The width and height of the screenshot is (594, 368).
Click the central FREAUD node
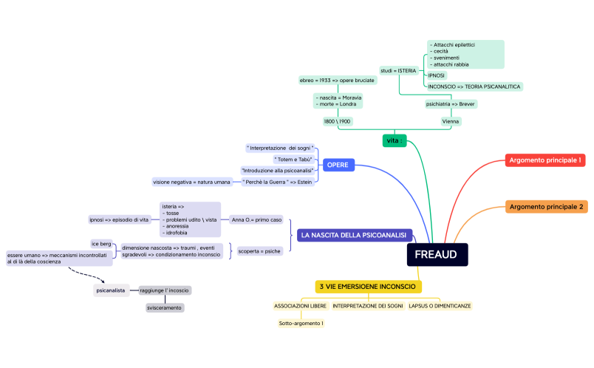[x=436, y=255]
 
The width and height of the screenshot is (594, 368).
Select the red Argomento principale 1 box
[x=545, y=160]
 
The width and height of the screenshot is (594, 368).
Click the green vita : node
[x=395, y=140]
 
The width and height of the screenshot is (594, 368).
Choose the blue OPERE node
[x=337, y=165]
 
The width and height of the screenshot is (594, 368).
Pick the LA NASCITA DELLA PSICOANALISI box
[x=353, y=235]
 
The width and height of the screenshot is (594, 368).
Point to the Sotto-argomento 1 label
[x=301, y=323]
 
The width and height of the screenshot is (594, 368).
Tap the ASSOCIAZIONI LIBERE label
[x=299, y=305]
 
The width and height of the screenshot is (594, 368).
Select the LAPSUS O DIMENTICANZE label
[x=440, y=305]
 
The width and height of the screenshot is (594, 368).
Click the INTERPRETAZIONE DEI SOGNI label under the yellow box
[x=367, y=305]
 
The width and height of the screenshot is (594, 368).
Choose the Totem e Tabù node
[x=293, y=159]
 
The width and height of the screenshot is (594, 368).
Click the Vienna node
[x=451, y=121]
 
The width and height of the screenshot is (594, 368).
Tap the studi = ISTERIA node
[x=399, y=70]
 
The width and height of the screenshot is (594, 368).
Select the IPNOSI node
[x=437, y=75]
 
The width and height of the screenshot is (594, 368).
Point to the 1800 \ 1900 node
[x=337, y=121]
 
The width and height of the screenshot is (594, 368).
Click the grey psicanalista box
[x=111, y=290]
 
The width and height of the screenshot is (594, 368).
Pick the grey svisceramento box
[x=164, y=307]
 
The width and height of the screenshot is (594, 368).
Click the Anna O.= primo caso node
[x=256, y=219]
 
